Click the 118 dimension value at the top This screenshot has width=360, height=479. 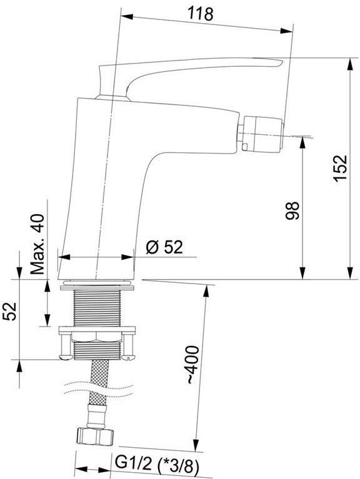(200, 14)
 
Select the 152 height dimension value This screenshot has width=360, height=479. (341, 169)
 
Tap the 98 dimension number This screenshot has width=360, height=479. (292, 210)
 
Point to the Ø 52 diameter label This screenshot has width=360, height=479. (164, 247)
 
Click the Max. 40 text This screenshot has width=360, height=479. (37, 244)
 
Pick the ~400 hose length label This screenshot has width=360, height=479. (193, 365)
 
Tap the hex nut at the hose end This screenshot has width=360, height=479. (94, 437)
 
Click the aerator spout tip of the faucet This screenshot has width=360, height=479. (263, 134)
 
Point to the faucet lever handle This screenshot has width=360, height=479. (189, 77)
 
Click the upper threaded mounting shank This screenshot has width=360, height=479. (97, 308)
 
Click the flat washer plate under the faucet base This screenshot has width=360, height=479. (97, 287)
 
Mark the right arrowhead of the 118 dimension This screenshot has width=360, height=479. (287, 31)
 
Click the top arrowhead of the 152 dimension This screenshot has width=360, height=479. (351, 65)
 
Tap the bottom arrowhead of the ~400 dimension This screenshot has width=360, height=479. (196, 445)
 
